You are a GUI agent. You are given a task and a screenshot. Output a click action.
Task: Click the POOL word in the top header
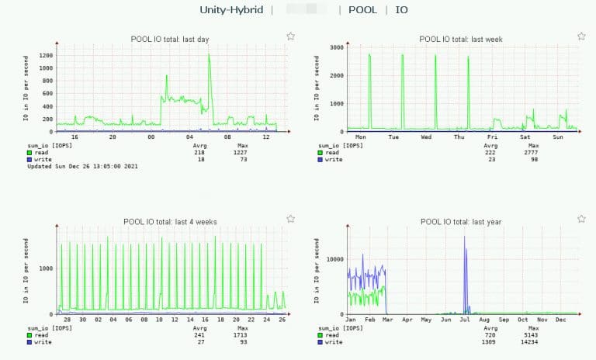click(363, 10)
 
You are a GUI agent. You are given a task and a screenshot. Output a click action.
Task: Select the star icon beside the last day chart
click(290, 36)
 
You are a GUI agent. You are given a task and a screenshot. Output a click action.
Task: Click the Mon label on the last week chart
click(360, 137)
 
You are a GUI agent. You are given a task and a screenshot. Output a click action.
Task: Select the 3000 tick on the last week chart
click(335, 47)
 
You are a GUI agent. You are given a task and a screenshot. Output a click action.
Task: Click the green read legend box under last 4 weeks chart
click(30, 335)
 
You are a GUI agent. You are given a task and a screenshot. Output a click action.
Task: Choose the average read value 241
click(200, 335)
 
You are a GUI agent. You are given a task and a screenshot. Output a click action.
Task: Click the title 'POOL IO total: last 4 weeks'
click(170, 222)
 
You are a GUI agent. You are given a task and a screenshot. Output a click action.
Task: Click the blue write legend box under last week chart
click(321, 159)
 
